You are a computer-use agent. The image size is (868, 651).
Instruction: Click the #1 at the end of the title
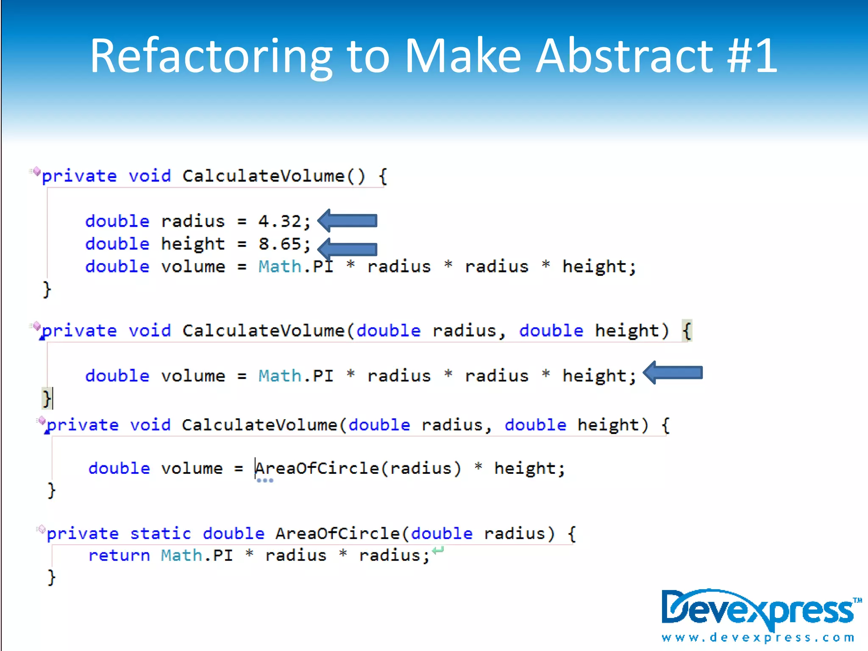753,56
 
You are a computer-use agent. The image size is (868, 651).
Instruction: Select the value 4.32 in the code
279,221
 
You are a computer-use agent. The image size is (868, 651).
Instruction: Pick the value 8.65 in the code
279,244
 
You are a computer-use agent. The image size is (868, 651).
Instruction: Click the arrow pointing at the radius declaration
348,220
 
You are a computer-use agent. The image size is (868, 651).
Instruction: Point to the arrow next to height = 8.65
348,249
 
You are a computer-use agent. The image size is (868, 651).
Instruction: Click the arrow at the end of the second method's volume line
673,373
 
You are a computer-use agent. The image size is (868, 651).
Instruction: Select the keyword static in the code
161,534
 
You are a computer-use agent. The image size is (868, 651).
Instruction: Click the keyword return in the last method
119,556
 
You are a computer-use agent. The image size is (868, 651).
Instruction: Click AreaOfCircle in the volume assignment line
317,468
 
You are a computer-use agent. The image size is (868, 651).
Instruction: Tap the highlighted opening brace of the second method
687,331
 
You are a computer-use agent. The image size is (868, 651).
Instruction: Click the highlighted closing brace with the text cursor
47,398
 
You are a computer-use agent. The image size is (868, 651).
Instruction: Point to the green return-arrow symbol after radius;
438,550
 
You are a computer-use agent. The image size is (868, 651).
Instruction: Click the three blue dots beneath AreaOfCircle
265,481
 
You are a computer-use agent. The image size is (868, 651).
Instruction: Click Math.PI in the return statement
197,556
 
